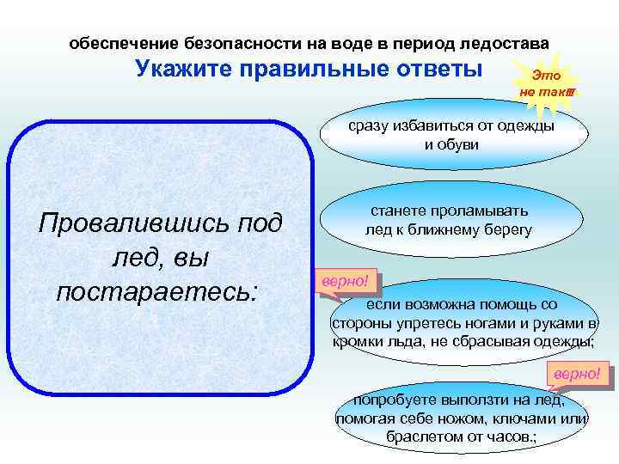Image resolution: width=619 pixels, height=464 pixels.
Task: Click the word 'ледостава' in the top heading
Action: pos(506,43)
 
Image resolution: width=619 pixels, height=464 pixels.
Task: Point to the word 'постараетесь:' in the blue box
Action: pos(156,290)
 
